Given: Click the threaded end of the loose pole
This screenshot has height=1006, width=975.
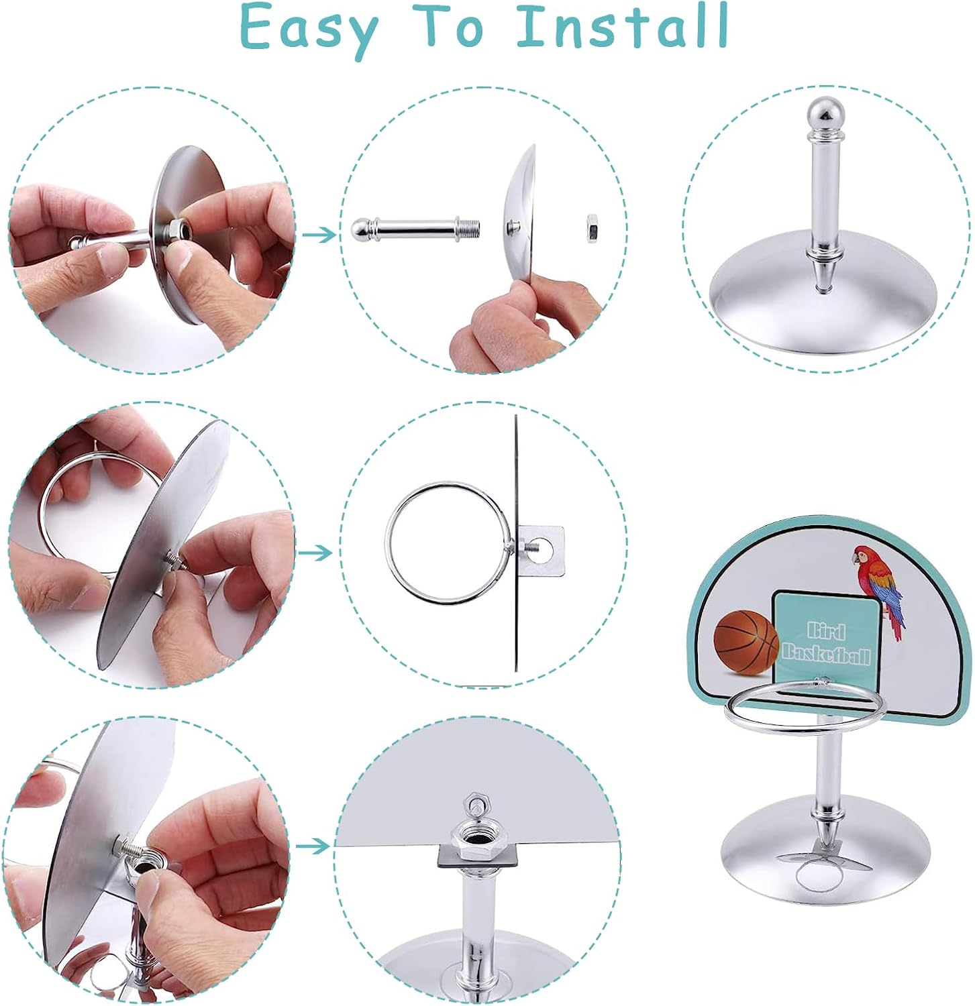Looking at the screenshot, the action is tap(469, 229).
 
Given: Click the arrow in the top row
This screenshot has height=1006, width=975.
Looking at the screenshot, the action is tap(318, 234).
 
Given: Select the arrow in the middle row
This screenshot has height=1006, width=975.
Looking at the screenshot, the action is tap(315, 553).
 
